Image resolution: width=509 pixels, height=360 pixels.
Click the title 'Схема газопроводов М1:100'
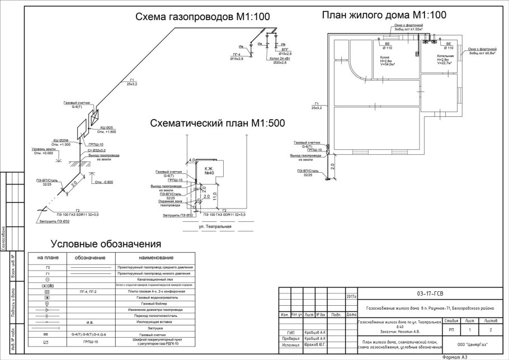coord(203,17)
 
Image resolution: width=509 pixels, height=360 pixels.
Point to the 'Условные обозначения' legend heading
coord(106,244)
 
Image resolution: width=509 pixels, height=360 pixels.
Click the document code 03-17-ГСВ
coord(431,293)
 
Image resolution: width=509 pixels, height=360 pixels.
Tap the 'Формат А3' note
coord(458,356)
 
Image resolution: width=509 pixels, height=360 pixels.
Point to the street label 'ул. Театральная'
coord(215,227)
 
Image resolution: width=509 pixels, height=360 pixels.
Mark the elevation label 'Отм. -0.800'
coord(105,182)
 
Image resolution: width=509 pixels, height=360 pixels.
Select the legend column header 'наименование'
coord(155,258)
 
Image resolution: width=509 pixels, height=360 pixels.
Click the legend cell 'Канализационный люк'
coord(155,279)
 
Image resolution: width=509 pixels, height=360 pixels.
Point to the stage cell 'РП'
coord(451,331)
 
